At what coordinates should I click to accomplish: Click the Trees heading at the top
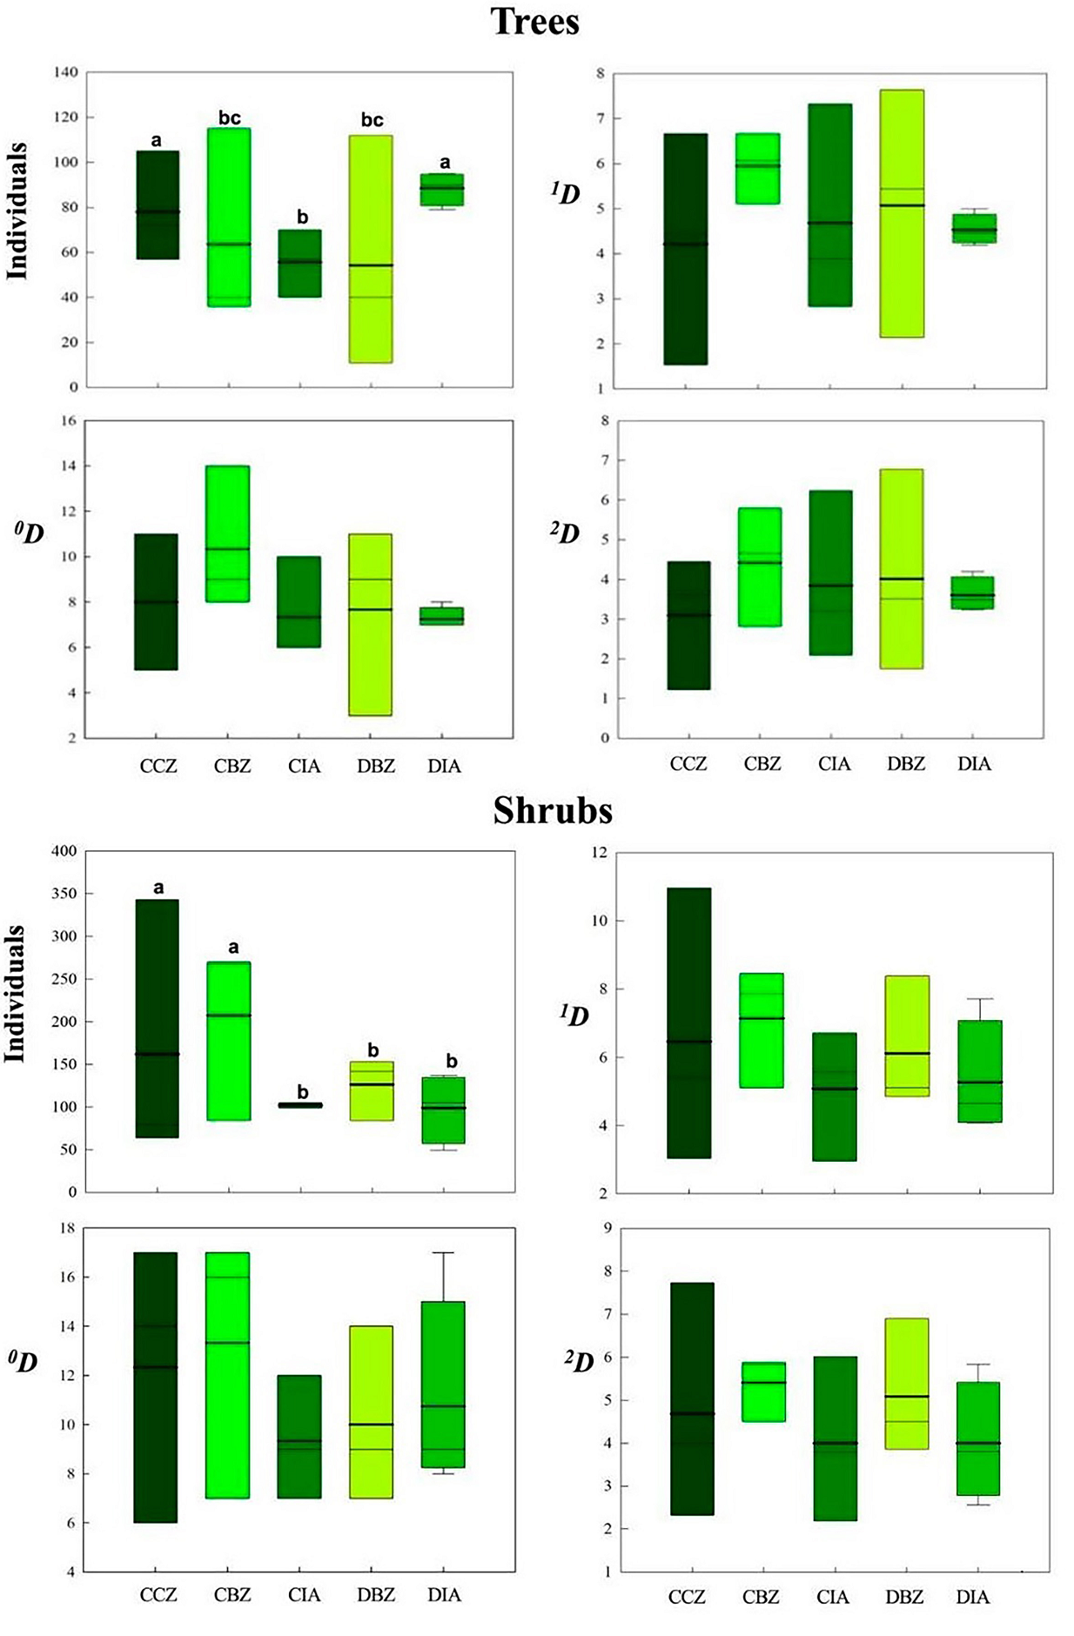[x=534, y=21]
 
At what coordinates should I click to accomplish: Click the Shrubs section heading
[x=553, y=811]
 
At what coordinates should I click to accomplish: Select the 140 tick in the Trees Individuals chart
[x=65, y=72]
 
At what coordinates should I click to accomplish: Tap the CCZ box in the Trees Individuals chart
[x=158, y=204]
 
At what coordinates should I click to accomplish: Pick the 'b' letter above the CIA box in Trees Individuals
[x=302, y=217]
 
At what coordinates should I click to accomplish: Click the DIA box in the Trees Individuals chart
[x=442, y=190]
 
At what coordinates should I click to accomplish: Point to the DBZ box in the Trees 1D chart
[x=902, y=213]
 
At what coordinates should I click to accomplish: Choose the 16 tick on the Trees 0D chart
[x=67, y=421]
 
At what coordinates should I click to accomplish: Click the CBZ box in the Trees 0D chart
[x=228, y=533]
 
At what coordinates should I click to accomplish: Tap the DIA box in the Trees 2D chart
[x=972, y=593]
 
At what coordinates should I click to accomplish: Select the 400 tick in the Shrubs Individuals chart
[x=64, y=851]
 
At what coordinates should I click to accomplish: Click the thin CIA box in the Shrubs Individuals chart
[x=300, y=1105]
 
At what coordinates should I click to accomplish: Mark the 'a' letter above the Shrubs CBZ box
[x=232, y=948]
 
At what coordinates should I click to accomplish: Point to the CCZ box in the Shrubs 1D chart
[x=689, y=1022]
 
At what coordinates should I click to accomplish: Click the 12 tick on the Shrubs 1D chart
[x=599, y=853]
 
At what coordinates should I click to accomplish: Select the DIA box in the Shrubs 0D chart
[x=443, y=1384]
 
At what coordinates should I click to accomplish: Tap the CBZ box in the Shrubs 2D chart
[x=763, y=1391]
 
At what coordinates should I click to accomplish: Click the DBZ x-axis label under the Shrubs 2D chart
[x=904, y=1598]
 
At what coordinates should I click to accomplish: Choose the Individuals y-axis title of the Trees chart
[x=17, y=211]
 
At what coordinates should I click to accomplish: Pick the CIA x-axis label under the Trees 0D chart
[x=304, y=766]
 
